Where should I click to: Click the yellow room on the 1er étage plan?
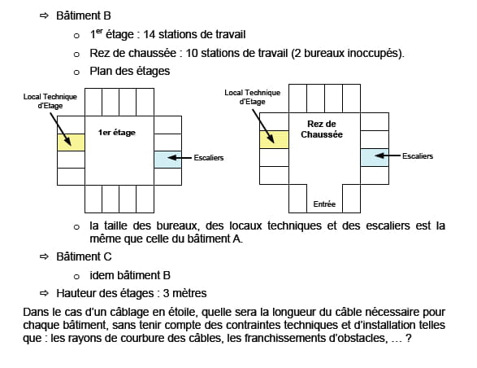(x=72, y=142)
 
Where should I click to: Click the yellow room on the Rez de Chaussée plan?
(x=274, y=140)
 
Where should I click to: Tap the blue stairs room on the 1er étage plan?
(x=168, y=160)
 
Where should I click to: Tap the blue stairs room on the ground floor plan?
(x=375, y=157)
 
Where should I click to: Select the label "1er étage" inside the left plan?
(x=116, y=133)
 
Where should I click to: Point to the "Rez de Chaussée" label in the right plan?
(x=322, y=129)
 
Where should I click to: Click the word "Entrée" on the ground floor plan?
(x=324, y=204)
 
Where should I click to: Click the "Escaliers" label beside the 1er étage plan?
(x=209, y=158)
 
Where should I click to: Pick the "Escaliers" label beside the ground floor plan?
(x=418, y=156)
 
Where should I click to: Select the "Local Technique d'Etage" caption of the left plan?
(x=50, y=101)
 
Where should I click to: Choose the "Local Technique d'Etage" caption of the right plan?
(x=253, y=97)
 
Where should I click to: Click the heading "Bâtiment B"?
(x=84, y=15)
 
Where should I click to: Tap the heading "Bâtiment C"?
(x=84, y=256)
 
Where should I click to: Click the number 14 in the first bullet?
(x=150, y=34)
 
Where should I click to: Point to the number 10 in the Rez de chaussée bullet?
(x=192, y=53)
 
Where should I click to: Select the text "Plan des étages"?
(x=129, y=72)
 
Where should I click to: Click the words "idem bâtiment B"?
(x=130, y=275)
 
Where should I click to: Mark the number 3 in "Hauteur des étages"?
(x=166, y=293)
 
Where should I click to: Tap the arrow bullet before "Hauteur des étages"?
(x=44, y=293)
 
